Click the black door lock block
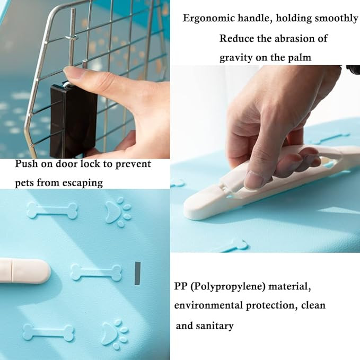click(x=74, y=120)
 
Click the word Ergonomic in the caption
click(x=209, y=19)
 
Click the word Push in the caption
click(x=26, y=163)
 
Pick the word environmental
click(x=208, y=305)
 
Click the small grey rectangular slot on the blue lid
click(x=137, y=273)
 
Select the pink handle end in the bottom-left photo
click(x=25, y=271)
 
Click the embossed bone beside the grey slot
click(x=96, y=272)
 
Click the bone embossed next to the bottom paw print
click(x=49, y=332)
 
